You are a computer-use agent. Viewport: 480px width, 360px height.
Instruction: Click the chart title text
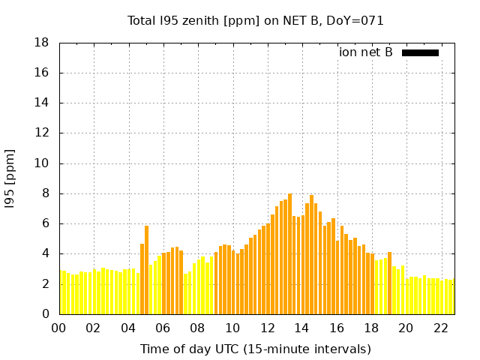(255, 21)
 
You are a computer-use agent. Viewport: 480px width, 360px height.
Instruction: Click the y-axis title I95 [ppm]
(10, 178)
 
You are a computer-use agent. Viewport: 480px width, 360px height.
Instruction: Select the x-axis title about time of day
(255, 349)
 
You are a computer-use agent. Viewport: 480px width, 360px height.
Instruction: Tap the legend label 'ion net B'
(365, 52)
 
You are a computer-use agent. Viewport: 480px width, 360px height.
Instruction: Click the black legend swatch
(420, 52)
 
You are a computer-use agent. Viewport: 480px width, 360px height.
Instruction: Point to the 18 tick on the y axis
(42, 43)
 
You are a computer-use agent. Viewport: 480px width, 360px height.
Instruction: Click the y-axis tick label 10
(42, 163)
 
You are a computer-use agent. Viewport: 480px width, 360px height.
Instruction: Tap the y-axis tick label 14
(42, 103)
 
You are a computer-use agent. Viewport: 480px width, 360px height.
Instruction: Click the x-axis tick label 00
(58, 328)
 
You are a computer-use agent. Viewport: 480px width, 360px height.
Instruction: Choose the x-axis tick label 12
(268, 328)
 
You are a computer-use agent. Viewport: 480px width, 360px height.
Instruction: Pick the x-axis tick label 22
(442, 328)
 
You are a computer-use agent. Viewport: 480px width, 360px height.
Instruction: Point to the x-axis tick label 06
(163, 328)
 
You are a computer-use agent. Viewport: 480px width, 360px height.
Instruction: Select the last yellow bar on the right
(452, 297)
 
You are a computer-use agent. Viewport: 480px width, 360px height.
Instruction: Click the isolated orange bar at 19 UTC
(389, 283)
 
